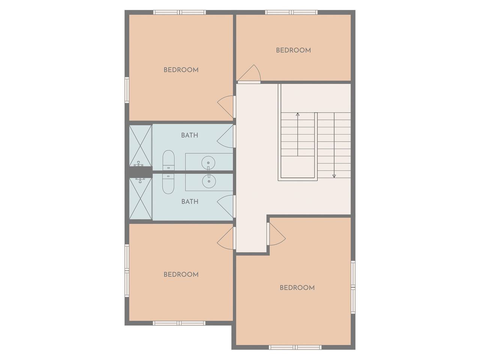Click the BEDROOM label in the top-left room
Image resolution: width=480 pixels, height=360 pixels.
(x=181, y=70)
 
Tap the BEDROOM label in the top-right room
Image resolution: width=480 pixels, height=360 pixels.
(x=294, y=50)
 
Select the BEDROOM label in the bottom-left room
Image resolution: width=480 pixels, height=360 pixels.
(x=181, y=274)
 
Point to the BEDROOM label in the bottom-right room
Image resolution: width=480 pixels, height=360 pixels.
(x=297, y=288)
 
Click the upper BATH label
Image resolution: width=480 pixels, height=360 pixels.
(x=190, y=135)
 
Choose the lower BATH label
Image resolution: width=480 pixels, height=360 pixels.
(x=190, y=201)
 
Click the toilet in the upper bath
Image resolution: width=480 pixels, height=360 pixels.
(x=168, y=160)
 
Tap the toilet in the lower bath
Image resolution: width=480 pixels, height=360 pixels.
(x=168, y=184)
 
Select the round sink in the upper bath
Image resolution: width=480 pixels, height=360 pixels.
(x=208, y=163)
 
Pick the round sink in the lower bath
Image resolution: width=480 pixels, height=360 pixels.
(x=209, y=181)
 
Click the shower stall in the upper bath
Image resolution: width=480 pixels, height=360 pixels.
(x=140, y=146)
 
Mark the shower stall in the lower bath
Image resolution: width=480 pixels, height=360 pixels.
(x=140, y=198)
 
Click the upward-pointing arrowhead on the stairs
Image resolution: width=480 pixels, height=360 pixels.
(x=298, y=114)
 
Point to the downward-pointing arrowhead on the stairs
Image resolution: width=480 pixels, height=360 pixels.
(x=334, y=176)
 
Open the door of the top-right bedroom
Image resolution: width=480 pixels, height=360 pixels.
(x=249, y=73)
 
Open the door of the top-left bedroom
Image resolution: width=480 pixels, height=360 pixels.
(x=226, y=106)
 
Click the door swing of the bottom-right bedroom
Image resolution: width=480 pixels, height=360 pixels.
(x=277, y=234)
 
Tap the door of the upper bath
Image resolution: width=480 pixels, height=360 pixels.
(x=225, y=136)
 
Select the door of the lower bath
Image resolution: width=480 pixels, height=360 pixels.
(x=225, y=206)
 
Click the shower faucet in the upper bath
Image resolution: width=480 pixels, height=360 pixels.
(x=139, y=164)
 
